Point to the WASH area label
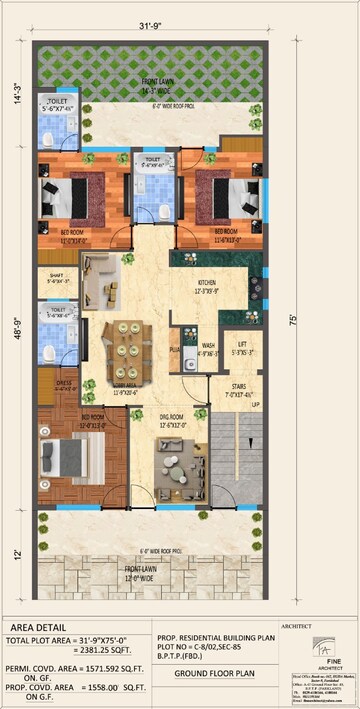coord(208,346)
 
